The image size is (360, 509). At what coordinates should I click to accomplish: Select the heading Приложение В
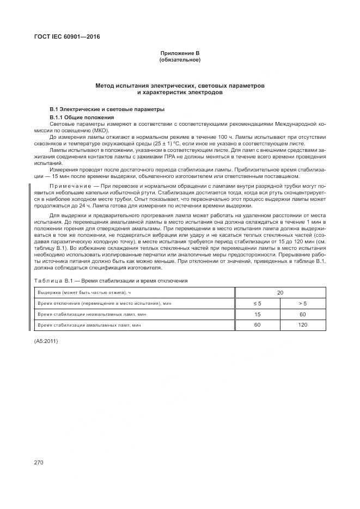coord(180,53)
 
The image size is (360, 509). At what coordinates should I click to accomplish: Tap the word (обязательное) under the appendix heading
coord(180,59)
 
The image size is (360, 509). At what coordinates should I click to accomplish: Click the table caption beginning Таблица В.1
coord(111,280)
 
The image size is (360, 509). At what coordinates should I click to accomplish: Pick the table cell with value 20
coord(280,293)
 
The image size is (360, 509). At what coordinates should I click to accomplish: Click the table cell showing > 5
coord(303,303)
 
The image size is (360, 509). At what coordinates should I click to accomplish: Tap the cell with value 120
coord(303,325)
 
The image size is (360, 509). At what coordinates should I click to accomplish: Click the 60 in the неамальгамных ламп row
coord(303,314)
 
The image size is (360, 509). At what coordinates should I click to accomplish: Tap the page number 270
coord(39,462)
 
